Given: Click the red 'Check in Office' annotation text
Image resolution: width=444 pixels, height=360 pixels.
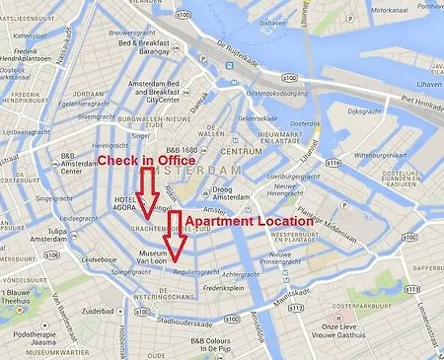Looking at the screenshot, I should click(x=145, y=159).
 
